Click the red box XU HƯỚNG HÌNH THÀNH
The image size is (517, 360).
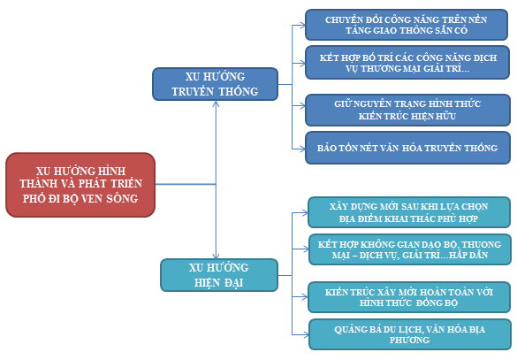pos(80,185)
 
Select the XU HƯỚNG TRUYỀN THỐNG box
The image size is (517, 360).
pos(215,84)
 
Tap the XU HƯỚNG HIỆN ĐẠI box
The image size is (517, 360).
pos(219,275)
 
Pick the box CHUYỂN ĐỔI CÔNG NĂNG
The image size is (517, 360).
pos(407,25)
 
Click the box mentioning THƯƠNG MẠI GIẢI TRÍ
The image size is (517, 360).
pos(407,63)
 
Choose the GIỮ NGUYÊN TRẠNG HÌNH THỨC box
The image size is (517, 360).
pos(407,110)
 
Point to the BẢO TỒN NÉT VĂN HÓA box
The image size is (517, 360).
pos(407,148)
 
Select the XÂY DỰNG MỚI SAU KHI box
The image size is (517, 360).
pos(409,212)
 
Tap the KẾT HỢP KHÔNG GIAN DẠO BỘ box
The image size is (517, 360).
pos(410,249)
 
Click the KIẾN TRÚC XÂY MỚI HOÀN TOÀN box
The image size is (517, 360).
pos(409,297)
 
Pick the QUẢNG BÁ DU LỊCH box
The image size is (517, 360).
pos(410,334)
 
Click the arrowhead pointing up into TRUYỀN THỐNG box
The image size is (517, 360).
pos(216,103)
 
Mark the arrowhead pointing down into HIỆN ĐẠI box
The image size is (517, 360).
pos(216,256)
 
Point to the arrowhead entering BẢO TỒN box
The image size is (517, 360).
pos(302,149)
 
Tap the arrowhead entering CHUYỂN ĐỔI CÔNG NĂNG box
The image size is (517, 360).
pos(302,25)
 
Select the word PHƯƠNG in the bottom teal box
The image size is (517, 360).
pos(409,340)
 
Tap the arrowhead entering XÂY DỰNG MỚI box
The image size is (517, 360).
pos(305,213)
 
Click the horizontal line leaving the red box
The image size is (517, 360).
pos(186,184)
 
